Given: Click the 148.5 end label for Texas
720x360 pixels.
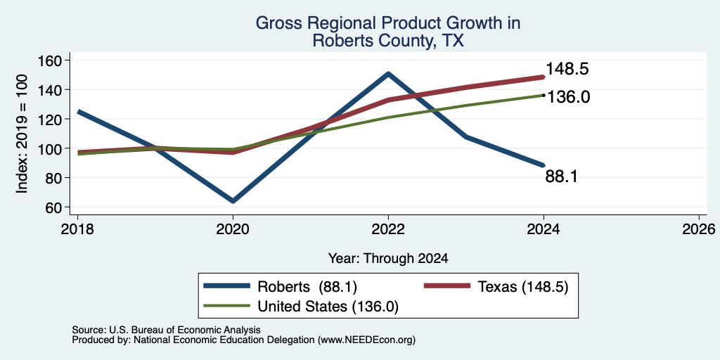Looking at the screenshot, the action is tap(567, 70).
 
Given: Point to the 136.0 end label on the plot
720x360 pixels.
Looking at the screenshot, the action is tap(568, 97).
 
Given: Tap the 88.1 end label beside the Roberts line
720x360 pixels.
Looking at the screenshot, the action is tap(561, 176).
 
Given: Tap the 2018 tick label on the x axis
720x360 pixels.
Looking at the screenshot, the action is tap(77, 229).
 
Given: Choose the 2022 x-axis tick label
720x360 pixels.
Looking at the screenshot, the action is tap(388, 229).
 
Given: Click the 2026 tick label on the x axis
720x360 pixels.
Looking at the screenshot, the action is tap(700, 229).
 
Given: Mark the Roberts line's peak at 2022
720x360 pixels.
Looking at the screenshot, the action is tap(388, 73).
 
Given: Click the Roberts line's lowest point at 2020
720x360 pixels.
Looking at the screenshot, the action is tap(233, 200).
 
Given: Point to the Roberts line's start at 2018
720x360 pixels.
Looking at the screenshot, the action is tap(79, 112).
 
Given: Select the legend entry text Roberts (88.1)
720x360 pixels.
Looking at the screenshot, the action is tap(307, 287).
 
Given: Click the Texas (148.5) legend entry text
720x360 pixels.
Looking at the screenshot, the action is tap(523, 287).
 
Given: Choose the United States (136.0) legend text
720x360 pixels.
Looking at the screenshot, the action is tap(328, 307).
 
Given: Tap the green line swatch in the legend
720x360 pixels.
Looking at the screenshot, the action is tap(227, 307).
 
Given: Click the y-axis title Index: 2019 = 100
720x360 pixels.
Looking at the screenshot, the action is tap(22, 134).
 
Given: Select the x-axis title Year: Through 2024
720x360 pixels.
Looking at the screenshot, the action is tap(388, 259).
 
